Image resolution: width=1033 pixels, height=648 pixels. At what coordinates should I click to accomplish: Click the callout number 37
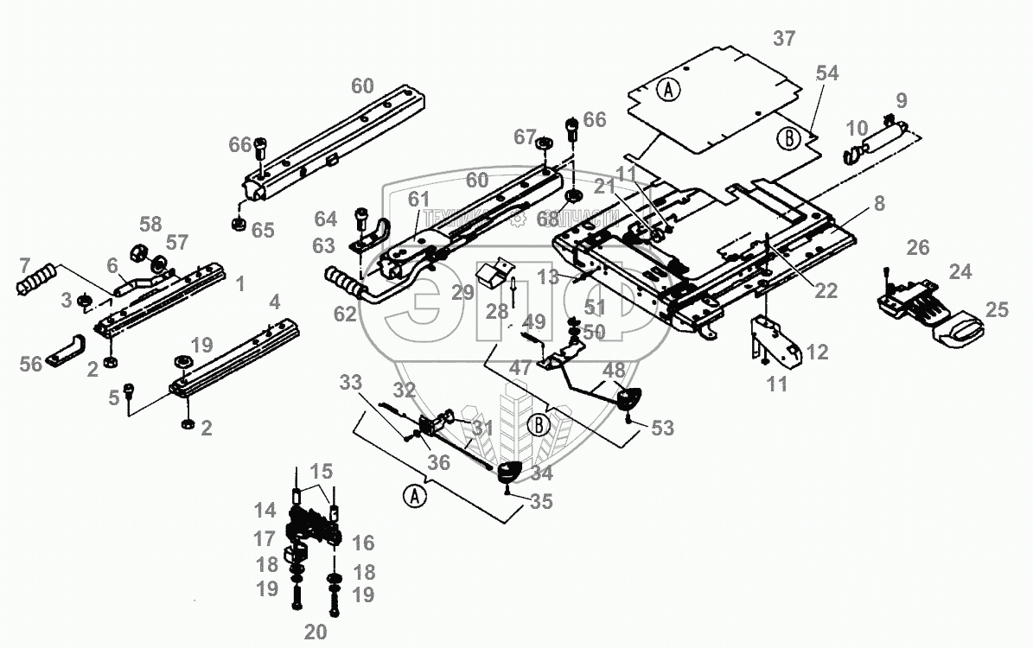[x=784, y=39]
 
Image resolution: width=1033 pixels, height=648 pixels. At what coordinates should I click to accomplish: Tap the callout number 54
[x=826, y=73]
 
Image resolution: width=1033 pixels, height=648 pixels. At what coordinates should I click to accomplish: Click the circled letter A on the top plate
[x=667, y=88]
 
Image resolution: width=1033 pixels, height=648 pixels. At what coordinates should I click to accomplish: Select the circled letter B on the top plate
[x=788, y=137]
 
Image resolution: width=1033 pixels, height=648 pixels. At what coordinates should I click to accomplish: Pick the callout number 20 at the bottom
[x=316, y=632]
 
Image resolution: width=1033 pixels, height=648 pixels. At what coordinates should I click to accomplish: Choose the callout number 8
[x=878, y=204]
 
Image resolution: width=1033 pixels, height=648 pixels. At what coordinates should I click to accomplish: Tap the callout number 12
[x=816, y=353]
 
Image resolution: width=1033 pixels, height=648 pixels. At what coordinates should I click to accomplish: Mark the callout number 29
[x=462, y=292]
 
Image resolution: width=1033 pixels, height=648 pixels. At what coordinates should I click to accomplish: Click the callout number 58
[x=150, y=226]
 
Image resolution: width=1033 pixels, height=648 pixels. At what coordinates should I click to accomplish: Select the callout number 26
[x=917, y=250]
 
